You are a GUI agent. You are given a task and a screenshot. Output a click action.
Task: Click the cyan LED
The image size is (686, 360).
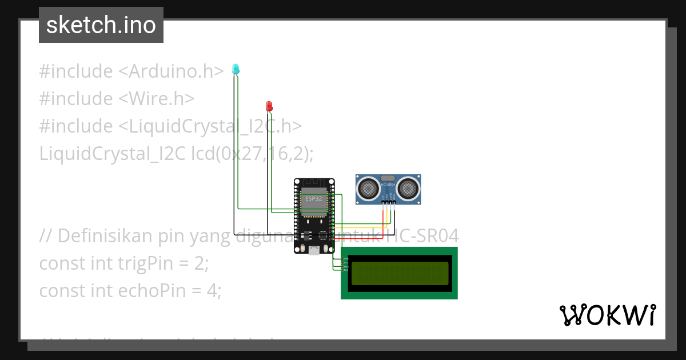235,69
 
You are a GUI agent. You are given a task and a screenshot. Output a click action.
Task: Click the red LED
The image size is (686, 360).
269,106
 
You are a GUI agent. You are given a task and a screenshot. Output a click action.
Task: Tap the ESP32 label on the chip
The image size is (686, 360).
313,198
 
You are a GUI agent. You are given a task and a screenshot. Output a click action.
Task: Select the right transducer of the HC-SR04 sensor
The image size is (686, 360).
409,187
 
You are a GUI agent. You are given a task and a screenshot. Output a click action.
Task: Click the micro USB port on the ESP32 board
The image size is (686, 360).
314,250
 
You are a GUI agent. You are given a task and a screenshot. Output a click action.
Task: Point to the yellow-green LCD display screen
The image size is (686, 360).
400,273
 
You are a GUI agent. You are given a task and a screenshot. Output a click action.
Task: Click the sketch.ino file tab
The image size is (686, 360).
101,25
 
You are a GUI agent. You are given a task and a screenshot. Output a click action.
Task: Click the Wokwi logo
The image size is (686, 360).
607,315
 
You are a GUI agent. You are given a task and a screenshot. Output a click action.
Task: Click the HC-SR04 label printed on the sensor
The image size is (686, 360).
388,185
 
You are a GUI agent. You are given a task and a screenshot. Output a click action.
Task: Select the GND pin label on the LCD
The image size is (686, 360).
346,259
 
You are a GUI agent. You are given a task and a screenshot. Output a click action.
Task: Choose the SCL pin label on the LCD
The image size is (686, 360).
346,270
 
